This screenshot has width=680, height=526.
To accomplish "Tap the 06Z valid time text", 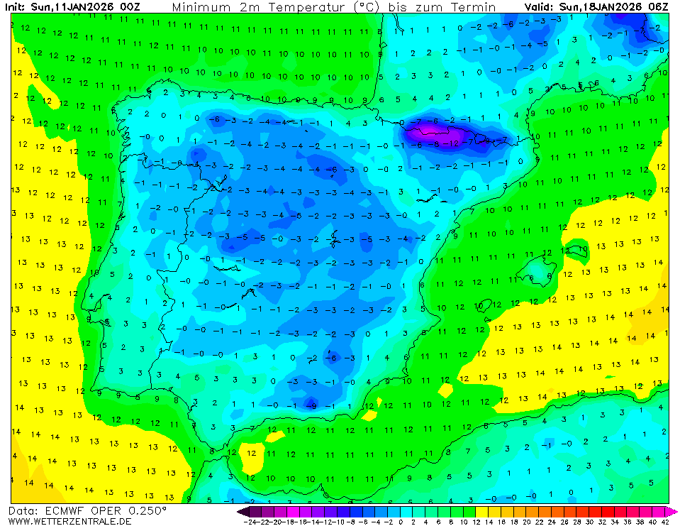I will click(x=656, y=6).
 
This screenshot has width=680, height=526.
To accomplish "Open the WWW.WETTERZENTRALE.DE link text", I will click(x=70, y=521).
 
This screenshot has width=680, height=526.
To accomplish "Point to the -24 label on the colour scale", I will click(x=249, y=521).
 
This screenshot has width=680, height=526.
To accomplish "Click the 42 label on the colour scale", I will click(x=664, y=521).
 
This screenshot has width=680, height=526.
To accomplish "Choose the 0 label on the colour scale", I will click(x=401, y=521).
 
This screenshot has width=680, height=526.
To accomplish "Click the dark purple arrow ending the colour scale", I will click(x=243, y=511).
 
